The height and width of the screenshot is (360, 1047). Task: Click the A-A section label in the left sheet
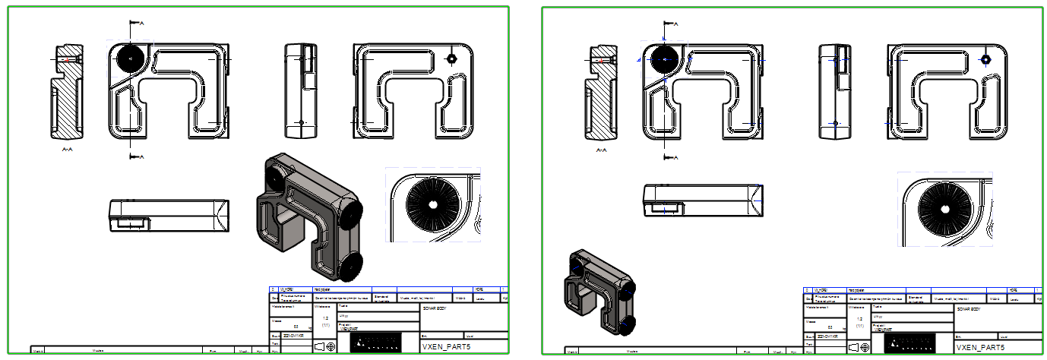[68, 150]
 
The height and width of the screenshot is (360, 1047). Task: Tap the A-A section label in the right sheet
[601, 150]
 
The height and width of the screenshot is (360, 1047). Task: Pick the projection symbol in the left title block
[325, 346]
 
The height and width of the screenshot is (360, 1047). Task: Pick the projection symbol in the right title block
[859, 346]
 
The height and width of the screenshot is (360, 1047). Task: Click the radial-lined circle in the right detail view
[944, 207]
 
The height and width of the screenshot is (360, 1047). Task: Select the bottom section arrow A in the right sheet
[669, 157]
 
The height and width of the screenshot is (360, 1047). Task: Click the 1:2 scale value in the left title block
[325, 318]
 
